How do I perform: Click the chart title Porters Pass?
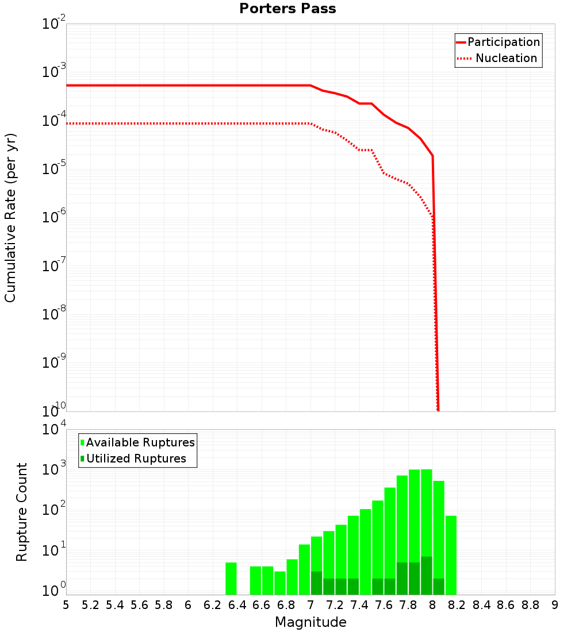(287, 9)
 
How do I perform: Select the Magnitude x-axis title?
(310, 622)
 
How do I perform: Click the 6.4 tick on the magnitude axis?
(237, 605)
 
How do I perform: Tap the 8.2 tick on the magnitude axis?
(457, 605)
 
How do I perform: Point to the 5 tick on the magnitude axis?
(66, 605)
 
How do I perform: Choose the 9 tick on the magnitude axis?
(555, 605)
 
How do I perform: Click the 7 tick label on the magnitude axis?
(310, 605)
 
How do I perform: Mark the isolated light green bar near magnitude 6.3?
(231, 579)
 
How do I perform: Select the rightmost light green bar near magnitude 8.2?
(451, 555)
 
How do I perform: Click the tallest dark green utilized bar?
(426, 576)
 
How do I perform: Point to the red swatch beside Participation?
(461, 42)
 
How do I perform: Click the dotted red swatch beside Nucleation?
(463, 58)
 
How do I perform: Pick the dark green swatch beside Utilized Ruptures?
(83, 458)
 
